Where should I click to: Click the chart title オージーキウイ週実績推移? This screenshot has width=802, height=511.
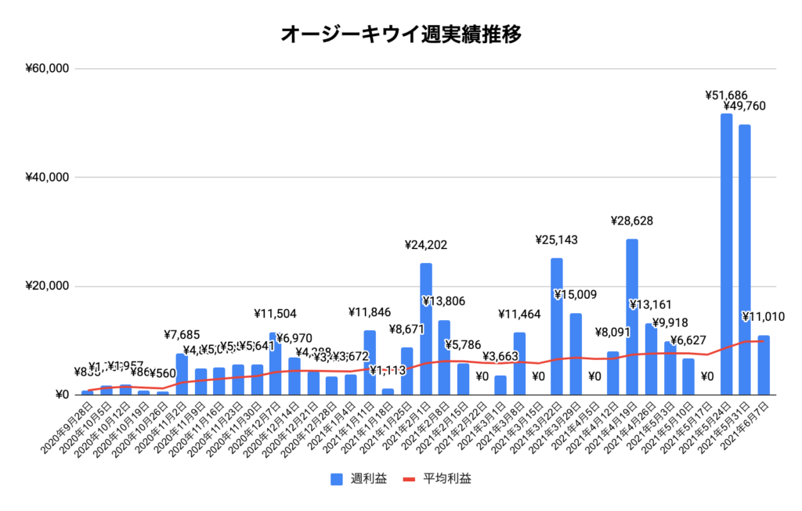[400, 34]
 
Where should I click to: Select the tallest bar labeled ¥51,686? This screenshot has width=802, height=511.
[726, 254]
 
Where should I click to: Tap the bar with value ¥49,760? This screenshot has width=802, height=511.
[745, 259]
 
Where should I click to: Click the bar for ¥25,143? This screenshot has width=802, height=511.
[557, 326]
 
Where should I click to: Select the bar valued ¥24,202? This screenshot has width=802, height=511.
[426, 329]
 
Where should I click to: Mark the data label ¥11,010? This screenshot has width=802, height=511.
[764, 317]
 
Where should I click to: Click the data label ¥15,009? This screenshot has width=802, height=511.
[576, 295]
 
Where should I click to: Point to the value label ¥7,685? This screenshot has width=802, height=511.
[182, 335]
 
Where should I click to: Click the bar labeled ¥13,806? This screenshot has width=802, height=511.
[445, 357]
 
